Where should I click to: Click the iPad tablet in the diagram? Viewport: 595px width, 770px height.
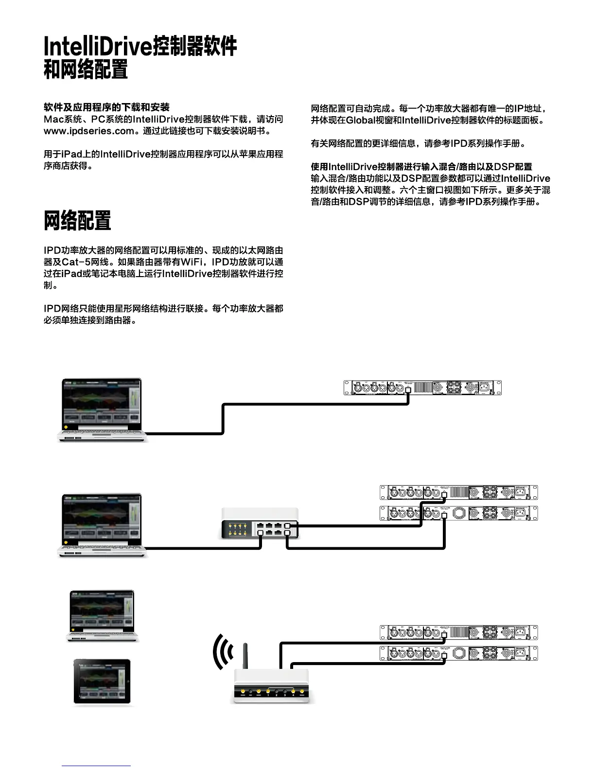(102, 682)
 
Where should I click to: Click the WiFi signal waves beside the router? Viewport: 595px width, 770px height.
(223, 651)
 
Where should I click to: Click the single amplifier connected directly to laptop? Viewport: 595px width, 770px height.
(422, 387)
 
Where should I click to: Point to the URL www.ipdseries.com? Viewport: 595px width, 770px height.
(88, 131)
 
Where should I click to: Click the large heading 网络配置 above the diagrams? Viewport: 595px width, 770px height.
(77, 221)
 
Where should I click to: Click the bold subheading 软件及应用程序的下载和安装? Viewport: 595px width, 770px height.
(106, 107)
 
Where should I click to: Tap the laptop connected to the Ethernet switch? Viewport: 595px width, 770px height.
(102, 525)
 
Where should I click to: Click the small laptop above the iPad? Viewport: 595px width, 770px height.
(102, 615)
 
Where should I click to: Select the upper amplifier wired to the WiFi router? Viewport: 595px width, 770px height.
(458, 632)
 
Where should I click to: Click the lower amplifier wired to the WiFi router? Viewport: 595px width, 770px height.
(458, 653)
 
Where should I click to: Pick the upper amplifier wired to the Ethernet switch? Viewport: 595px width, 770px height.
(458, 492)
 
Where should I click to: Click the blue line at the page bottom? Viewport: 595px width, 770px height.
(96, 766)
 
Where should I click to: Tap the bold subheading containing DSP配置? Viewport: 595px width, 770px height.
(421, 167)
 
